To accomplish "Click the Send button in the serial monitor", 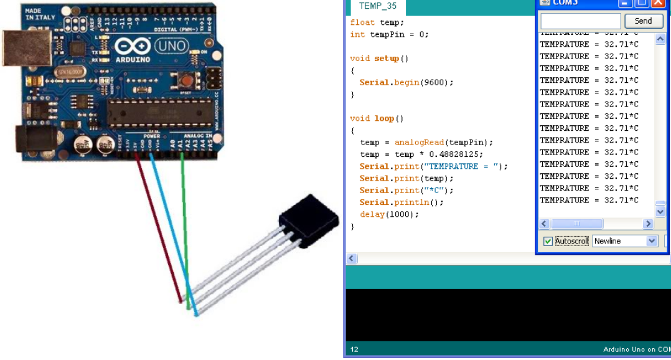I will pyautogui.click(x=644, y=21).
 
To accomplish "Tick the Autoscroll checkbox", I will pyautogui.click(x=548, y=241).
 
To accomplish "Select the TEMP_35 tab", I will pyautogui.click(x=378, y=6).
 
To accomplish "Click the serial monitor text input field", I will pyautogui.click(x=580, y=21).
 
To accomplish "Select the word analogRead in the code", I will pyautogui.click(x=420, y=143).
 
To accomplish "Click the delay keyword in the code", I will pyautogui.click(x=372, y=214).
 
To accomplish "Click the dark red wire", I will pyautogui.click(x=159, y=224).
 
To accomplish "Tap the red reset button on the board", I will pyautogui.click(x=185, y=79).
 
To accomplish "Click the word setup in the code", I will pyautogui.click(x=387, y=59).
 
